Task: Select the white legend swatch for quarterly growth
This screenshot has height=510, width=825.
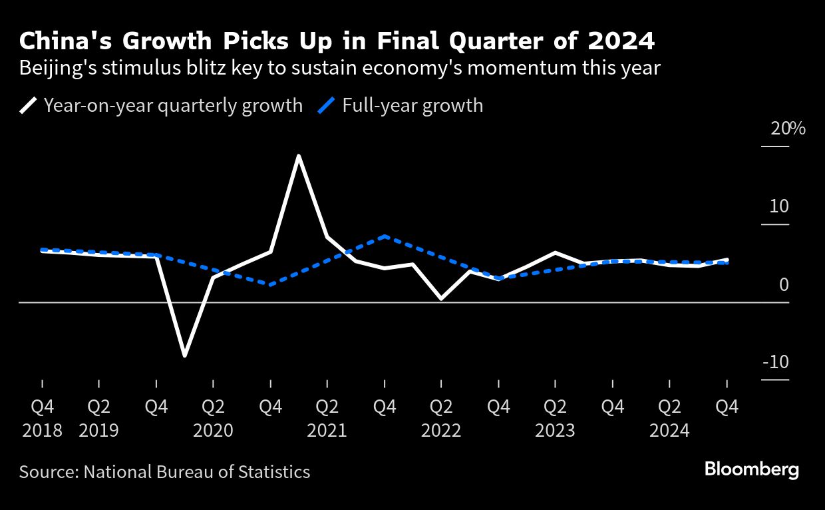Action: pyautogui.click(x=29, y=105)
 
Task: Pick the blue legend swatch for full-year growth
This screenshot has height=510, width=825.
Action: pyautogui.click(x=327, y=105)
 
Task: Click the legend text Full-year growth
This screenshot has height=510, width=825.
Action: pyautogui.click(x=412, y=105)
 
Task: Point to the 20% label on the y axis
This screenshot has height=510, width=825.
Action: pyautogui.click(x=788, y=128)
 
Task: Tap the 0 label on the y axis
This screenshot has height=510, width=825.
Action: pyautogui.click(x=784, y=285)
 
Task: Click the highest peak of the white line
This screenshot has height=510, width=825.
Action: pyautogui.click(x=299, y=156)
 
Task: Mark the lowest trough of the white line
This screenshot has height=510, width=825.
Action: pyautogui.click(x=184, y=356)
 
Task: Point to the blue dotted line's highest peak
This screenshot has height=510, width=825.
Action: pyautogui.click(x=385, y=236)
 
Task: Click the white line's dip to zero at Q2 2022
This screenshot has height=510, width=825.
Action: pyautogui.click(x=441, y=299)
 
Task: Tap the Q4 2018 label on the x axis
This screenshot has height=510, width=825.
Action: pyautogui.click(x=42, y=417)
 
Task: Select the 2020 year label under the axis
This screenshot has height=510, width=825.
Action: pyautogui.click(x=213, y=430)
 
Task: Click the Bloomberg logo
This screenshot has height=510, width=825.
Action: pyautogui.click(x=751, y=469)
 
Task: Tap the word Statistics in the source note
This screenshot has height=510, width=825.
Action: pyautogui.click(x=273, y=472)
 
